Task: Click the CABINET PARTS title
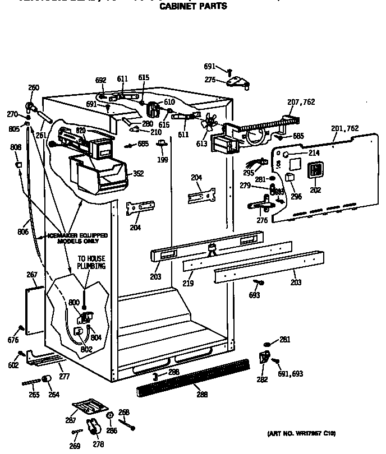(194, 7)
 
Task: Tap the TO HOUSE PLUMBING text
(91, 262)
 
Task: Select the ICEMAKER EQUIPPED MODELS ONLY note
(82, 238)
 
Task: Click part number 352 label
(137, 174)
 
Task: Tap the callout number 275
(210, 80)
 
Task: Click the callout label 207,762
(301, 102)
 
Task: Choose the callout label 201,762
(344, 128)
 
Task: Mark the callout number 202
(315, 189)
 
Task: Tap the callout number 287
(71, 420)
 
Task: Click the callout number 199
(162, 160)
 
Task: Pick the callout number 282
(261, 379)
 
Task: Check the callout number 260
(34, 87)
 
